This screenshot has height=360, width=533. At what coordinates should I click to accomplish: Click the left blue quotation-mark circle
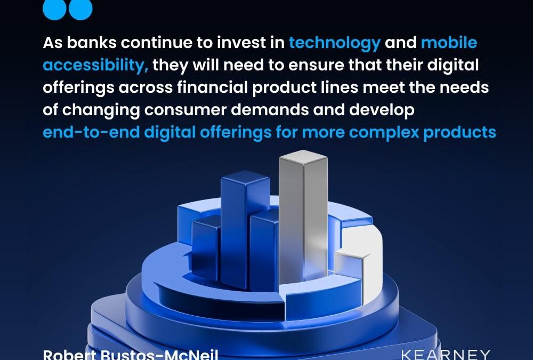pyautogui.click(x=54, y=8)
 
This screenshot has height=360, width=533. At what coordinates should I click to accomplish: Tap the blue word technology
pyautogui.click(x=335, y=43)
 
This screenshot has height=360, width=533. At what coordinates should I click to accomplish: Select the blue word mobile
pyautogui.click(x=449, y=43)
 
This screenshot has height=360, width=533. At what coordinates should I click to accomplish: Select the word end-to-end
pyautogui.click(x=91, y=132)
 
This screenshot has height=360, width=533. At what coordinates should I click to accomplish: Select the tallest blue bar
pyautogui.click(x=245, y=224)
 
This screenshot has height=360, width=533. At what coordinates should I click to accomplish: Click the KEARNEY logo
pyautogui.click(x=445, y=355)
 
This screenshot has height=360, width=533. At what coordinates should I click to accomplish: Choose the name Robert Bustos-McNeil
pyautogui.click(x=131, y=355)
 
